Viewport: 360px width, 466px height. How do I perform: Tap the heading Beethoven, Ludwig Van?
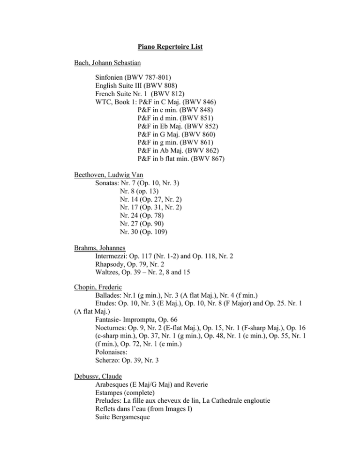[110, 175]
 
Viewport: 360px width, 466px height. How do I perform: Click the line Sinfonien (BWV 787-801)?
[133, 78]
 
